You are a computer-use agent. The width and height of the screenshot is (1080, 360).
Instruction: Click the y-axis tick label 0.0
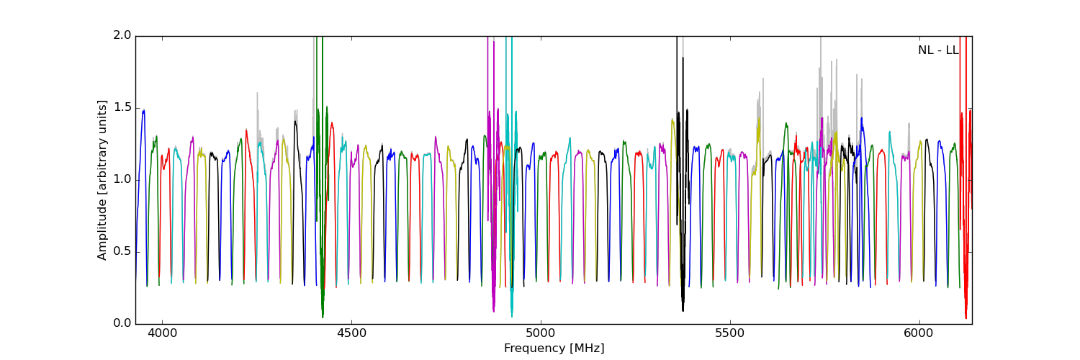pyautogui.click(x=122, y=323)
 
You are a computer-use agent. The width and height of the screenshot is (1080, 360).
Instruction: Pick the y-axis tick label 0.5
pyautogui.click(x=122, y=251)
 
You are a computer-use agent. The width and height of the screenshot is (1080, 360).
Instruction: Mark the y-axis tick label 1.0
pyautogui.click(x=122, y=179)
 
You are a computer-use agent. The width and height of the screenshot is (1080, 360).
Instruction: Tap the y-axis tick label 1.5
pyautogui.click(x=122, y=107)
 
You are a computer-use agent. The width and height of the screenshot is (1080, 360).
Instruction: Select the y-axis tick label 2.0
pyautogui.click(x=122, y=35)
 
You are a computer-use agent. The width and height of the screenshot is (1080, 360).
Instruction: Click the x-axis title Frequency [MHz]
pyautogui.click(x=554, y=348)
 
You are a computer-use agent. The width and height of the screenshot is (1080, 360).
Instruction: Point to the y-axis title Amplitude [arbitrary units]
pyautogui.click(x=102, y=179)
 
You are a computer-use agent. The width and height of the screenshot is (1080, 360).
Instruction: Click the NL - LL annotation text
pyautogui.click(x=938, y=50)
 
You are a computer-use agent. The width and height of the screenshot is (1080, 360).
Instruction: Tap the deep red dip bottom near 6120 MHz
pyautogui.click(x=966, y=318)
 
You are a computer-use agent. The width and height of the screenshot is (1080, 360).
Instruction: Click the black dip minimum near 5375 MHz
pyautogui.click(x=683, y=310)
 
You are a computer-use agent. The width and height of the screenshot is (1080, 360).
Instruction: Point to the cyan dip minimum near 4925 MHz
pyautogui.click(x=511, y=316)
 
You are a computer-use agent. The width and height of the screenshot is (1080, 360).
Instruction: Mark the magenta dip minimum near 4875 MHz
pyautogui.click(x=493, y=311)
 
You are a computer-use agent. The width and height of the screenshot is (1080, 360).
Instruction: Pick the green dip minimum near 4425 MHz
pyautogui.click(x=323, y=317)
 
